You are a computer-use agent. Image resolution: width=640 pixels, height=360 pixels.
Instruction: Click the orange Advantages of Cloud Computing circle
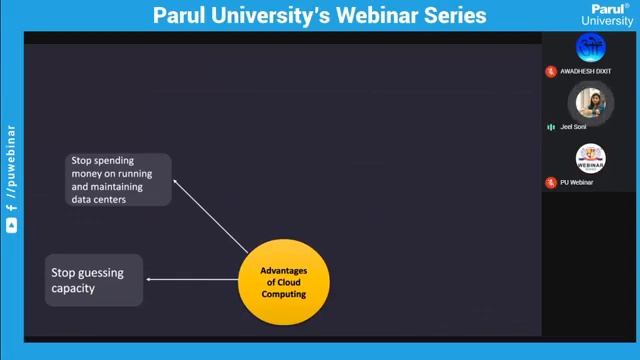tap(283, 282)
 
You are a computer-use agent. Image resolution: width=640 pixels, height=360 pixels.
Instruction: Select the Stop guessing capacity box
tap(95, 280)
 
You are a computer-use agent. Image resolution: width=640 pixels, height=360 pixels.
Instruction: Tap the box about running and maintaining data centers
tap(119, 180)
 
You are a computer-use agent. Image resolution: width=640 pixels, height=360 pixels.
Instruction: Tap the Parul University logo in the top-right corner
tap(607, 14)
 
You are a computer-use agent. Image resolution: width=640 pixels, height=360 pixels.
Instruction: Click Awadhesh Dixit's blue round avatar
tap(591, 47)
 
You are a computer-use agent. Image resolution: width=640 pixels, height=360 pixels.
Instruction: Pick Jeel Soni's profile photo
tap(591, 102)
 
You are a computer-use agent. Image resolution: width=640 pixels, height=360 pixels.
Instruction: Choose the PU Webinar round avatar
tap(591, 158)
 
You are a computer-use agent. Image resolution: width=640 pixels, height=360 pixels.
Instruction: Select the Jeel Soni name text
tap(573, 127)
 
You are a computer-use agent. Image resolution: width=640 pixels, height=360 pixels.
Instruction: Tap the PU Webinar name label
tap(576, 183)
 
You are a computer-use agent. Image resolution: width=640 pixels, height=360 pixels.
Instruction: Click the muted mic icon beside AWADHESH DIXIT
tap(550, 72)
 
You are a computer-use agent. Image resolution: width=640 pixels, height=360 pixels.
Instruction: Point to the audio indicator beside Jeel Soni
tap(551, 127)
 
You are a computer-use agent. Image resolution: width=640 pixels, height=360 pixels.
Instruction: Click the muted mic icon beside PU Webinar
tap(550, 183)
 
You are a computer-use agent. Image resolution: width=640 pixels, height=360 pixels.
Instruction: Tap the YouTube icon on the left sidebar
tap(11, 227)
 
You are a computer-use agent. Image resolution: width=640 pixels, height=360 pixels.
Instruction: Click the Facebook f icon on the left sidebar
tap(11, 207)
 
